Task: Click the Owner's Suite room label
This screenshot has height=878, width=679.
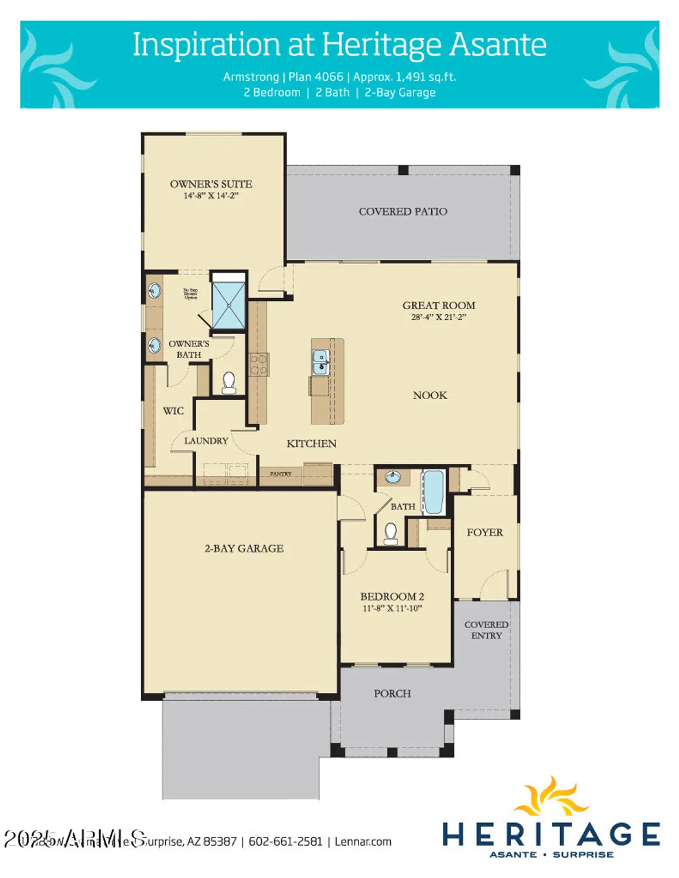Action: pyautogui.click(x=211, y=184)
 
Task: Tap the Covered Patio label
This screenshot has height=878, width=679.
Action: pyautogui.click(x=402, y=211)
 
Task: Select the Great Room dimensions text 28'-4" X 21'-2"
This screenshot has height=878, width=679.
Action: pyautogui.click(x=438, y=317)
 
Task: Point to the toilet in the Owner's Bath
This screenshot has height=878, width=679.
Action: pyautogui.click(x=228, y=383)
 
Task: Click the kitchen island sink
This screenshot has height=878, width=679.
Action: pyautogui.click(x=320, y=362)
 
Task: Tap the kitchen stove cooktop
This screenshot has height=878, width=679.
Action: pyautogui.click(x=258, y=364)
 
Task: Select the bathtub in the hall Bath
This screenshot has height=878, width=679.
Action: pyautogui.click(x=434, y=492)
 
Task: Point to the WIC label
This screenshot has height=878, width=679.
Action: pyautogui.click(x=173, y=411)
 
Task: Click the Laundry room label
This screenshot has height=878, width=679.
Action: pyautogui.click(x=206, y=441)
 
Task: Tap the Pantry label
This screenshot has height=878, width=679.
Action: pyautogui.click(x=281, y=474)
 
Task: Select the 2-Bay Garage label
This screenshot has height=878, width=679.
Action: pyautogui.click(x=244, y=548)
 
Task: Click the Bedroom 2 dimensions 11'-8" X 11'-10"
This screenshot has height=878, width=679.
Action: pyautogui.click(x=392, y=608)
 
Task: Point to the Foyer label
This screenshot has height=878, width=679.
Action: pyautogui.click(x=484, y=532)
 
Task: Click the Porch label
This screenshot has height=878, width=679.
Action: pyautogui.click(x=392, y=694)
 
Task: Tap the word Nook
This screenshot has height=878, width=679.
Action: pyautogui.click(x=429, y=395)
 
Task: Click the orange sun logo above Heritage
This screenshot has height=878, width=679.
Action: pyautogui.click(x=551, y=797)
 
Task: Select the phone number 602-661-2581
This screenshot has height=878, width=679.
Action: pyautogui.click(x=285, y=842)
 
